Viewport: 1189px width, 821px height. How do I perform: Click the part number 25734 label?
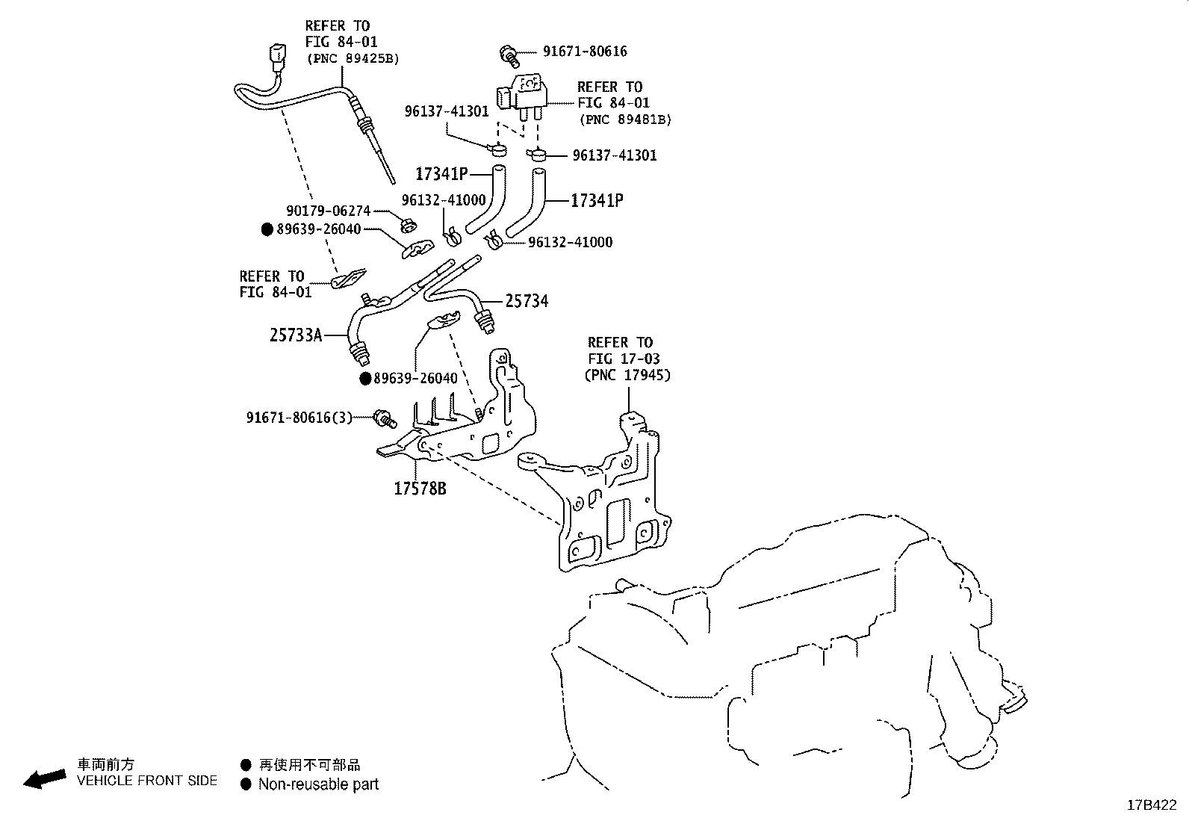(527, 301)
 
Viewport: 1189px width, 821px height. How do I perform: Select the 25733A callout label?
(296, 335)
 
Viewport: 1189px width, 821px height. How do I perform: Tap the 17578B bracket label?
(420, 489)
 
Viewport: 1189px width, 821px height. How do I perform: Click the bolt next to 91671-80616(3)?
(385, 418)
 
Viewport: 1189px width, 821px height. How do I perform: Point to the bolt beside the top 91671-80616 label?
(510, 53)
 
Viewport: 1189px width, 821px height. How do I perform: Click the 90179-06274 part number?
(328, 211)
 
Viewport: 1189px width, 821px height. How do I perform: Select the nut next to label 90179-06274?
(408, 223)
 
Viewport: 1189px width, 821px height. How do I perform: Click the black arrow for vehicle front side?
(44, 778)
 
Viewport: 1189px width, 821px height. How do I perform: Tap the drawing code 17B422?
(1152, 805)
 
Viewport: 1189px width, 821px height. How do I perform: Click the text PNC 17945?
(627, 375)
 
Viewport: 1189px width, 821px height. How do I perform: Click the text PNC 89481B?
(625, 120)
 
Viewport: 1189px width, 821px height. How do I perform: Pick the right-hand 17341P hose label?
(597, 201)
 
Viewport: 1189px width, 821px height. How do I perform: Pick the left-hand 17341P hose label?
(441, 175)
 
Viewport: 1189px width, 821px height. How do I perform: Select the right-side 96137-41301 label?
(615, 155)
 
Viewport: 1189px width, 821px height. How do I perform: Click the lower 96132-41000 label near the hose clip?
(570, 242)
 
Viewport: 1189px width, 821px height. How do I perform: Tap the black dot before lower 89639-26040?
(365, 379)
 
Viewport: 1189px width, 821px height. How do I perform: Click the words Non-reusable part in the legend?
(318, 784)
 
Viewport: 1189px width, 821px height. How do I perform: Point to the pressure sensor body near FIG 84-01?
(529, 91)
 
